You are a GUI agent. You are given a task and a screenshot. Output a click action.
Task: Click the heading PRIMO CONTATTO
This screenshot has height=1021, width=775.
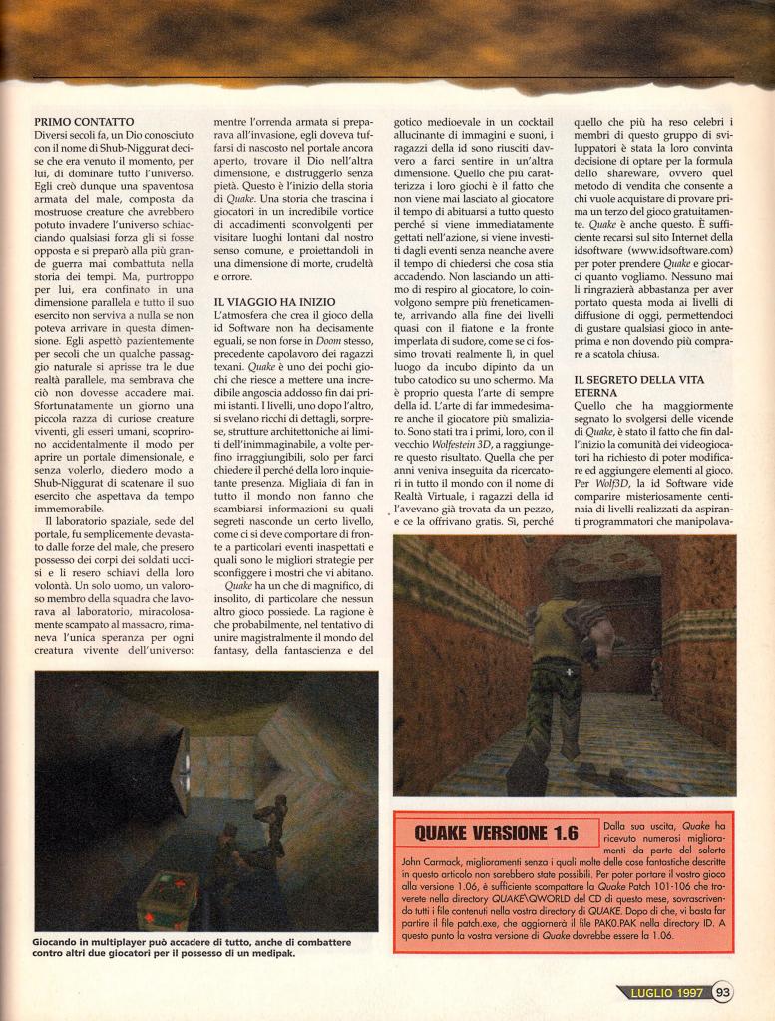[x=83, y=121]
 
